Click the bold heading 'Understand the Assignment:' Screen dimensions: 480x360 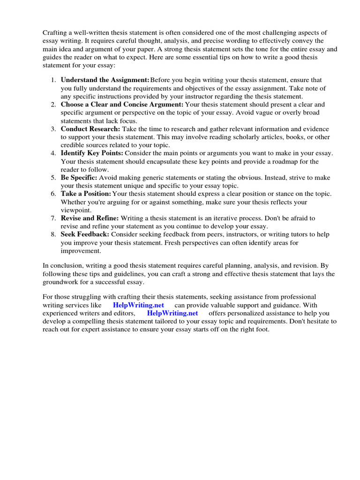(x=105, y=80)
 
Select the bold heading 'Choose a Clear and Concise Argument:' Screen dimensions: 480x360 (x=122, y=105)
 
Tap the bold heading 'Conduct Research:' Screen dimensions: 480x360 (x=90, y=129)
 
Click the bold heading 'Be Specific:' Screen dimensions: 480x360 (x=79, y=178)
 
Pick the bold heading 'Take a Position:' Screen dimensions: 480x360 (x=86, y=194)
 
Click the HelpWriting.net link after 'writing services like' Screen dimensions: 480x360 (x=138, y=305)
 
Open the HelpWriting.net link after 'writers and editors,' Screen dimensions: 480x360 (x=172, y=313)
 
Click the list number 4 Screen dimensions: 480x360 (x=53, y=153)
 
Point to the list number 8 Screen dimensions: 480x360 (x=53, y=234)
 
